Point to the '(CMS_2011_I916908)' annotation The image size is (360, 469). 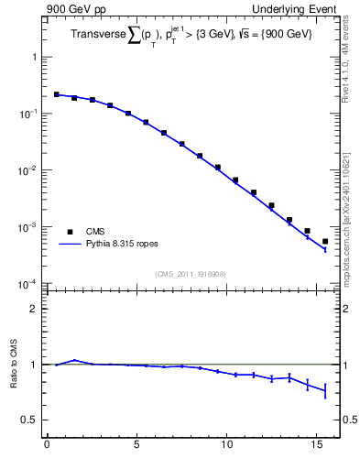click(x=191, y=274)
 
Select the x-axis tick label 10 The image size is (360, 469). click(x=226, y=446)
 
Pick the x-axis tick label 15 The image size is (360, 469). click(x=316, y=446)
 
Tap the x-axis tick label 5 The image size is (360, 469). click(x=136, y=446)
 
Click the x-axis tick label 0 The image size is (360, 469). click(x=47, y=446)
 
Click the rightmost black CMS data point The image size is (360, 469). click(x=325, y=242)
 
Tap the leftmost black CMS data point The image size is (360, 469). click(x=56, y=94)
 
